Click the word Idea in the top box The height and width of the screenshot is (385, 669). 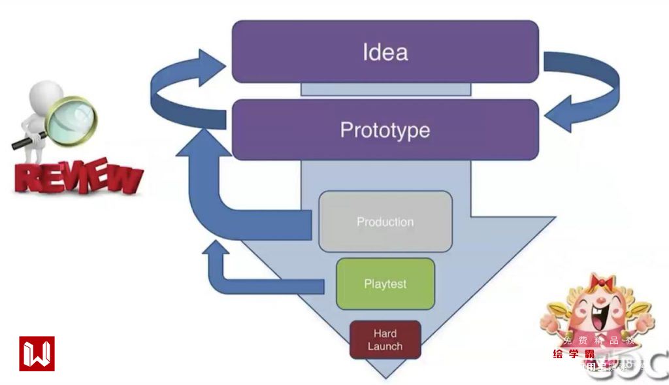click(x=385, y=52)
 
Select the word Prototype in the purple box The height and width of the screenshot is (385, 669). click(x=385, y=130)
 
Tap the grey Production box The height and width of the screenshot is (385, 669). click(x=385, y=222)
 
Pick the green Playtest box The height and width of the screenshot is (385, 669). click(x=385, y=284)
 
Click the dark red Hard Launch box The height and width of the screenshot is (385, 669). click(x=385, y=340)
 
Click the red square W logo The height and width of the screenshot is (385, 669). click(x=37, y=354)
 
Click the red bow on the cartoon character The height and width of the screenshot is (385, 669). click(x=599, y=282)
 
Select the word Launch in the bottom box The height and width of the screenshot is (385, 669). click(x=385, y=346)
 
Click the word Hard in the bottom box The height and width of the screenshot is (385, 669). click(x=385, y=333)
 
